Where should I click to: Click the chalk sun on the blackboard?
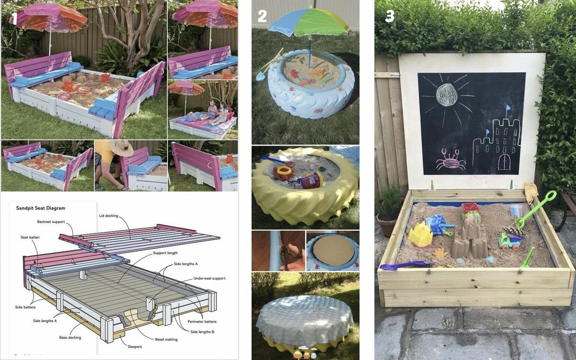click(447, 95)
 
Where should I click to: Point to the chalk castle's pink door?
click(504, 162)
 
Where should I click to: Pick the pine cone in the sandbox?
click(514, 231)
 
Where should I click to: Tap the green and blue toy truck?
click(510, 241)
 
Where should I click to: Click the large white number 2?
click(262, 16)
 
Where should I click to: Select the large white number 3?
click(390, 16)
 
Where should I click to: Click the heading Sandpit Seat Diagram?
click(41, 208)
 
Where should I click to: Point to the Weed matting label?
click(166, 339)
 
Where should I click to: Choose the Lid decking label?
click(108, 216)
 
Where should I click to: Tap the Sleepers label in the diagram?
click(135, 347)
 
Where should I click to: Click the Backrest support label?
click(51, 222)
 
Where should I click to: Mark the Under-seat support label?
click(209, 278)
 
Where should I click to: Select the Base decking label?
click(70, 337)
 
